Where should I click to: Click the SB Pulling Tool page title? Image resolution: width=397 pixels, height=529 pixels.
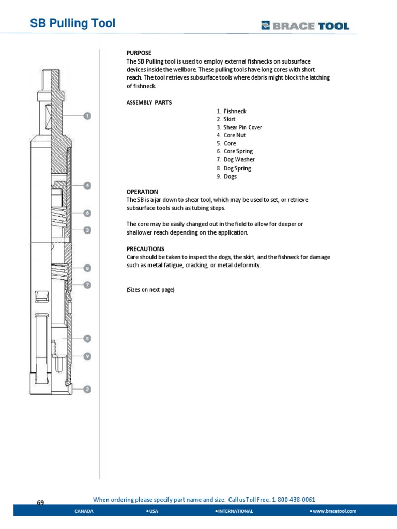coord(71,24)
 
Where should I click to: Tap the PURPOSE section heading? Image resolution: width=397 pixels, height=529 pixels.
coord(139,53)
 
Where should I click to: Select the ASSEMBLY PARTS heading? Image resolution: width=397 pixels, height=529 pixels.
coord(149,103)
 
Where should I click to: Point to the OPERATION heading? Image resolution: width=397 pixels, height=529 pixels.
coord(142,192)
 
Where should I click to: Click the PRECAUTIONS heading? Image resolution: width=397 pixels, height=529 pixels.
coord(145,249)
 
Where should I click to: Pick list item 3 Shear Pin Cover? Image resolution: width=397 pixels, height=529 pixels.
coord(239,127)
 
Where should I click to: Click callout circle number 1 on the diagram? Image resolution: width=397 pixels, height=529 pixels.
coord(88,116)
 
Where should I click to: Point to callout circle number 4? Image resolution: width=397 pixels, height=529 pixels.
coord(88,185)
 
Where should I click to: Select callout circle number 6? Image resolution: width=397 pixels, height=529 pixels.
coord(88,213)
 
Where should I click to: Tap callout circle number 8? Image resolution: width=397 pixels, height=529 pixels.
coord(88,268)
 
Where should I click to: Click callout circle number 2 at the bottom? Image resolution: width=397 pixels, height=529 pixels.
coord(88,390)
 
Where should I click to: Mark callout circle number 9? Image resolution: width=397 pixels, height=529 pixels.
coord(88,356)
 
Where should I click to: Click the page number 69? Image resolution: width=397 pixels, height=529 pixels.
coord(41,503)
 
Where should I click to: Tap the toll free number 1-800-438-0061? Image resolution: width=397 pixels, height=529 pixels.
coord(293,500)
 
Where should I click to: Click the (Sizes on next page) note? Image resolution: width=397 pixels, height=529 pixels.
coord(150,290)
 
